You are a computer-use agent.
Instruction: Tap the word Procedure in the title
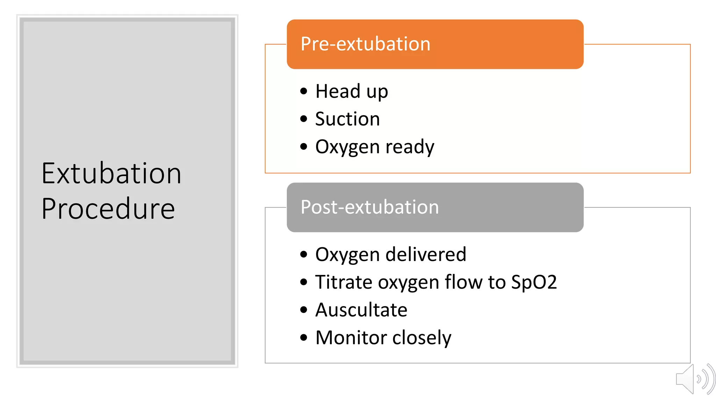click(x=108, y=209)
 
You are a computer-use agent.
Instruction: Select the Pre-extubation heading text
click(x=365, y=44)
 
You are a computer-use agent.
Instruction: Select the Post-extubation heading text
click(x=370, y=207)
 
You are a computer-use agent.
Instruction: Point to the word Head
click(x=338, y=91)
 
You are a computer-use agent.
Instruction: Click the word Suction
click(x=348, y=119)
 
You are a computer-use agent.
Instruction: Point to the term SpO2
click(x=534, y=282)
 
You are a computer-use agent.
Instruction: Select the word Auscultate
click(x=361, y=310)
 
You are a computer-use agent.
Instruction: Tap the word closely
click(x=422, y=338)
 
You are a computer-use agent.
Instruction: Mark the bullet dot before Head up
click(x=303, y=91)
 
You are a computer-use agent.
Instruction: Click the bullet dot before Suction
click(x=303, y=119)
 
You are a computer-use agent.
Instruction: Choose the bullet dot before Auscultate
click(x=303, y=310)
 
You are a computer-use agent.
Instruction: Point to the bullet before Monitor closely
click(x=303, y=338)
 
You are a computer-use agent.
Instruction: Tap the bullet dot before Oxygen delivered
click(x=303, y=254)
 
